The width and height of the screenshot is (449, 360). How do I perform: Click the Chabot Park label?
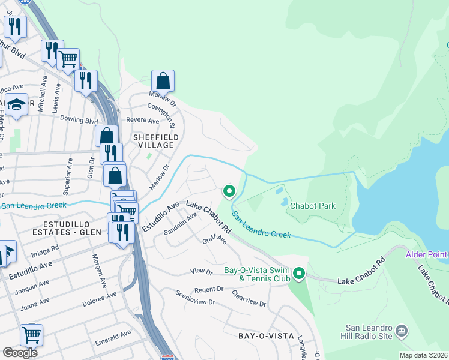tap(312, 206)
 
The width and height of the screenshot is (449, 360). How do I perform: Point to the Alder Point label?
tap(427, 254)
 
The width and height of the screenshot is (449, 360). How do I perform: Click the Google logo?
tap(20, 353)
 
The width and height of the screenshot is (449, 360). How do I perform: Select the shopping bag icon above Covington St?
tap(163, 81)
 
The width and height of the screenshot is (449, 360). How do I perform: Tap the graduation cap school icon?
tap(16, 104)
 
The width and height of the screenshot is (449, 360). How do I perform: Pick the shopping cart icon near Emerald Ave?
tap(31, 335)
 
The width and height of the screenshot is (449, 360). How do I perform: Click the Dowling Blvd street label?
tap(78, 121)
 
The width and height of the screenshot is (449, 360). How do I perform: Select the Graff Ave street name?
tap(214, 239)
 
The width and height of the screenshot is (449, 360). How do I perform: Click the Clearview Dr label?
tap(248, 299)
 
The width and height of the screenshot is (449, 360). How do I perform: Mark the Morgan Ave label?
tap(97, 271)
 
